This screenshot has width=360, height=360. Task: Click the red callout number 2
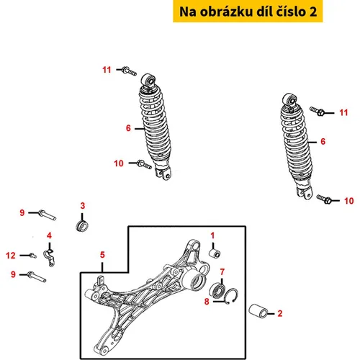pyautogui.click(x=280, y=313)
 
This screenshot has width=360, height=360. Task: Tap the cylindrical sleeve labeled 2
pyautogui.click(x=258, y=312)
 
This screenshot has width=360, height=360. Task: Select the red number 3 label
pyautogui.click(x=83, y=206)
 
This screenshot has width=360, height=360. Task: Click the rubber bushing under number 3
pyautogui.click(x=82, y=227)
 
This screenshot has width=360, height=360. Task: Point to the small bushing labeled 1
pyautogui.click(x=215, y=253)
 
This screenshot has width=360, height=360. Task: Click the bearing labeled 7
pyautogui.click(x=217, y=291)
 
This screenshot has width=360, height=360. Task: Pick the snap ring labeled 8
pyautogui.click(x=231, y=296)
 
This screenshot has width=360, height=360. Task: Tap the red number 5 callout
pyautogui.click(x=102, y=255)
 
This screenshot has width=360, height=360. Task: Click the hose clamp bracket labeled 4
pyautogui.click(x=49, y=258)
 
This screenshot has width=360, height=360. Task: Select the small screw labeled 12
pyautogui.click(x=33, y=256)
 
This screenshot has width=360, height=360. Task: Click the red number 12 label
pyautogui.click(x=11, y=256)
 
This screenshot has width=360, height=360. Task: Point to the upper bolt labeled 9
pyautogui.click(x=47, y=215)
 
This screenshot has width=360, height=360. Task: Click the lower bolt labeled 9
pyautogui.click(x=37, y=276)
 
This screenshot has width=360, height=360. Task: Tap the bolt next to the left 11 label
pyautogui.click(x=129, y=71)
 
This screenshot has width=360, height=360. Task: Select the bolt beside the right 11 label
pyautogui.click(x=317, y=111)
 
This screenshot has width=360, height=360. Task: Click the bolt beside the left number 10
pyautogui.click(x=144, y=164)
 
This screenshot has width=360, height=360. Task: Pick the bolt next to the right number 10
pyautogui.click(x=324, y=199)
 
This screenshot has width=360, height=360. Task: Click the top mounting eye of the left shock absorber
pyautogui.click(x=148, y=81)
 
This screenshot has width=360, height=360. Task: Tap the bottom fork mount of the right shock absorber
pyautogui.click(x=304, y=193)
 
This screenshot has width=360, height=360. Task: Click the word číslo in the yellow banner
pyautogui.click(x=288, y=12)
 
